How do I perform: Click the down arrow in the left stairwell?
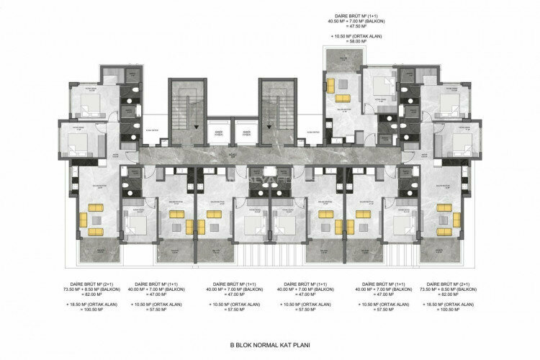[x=196, y=127]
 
